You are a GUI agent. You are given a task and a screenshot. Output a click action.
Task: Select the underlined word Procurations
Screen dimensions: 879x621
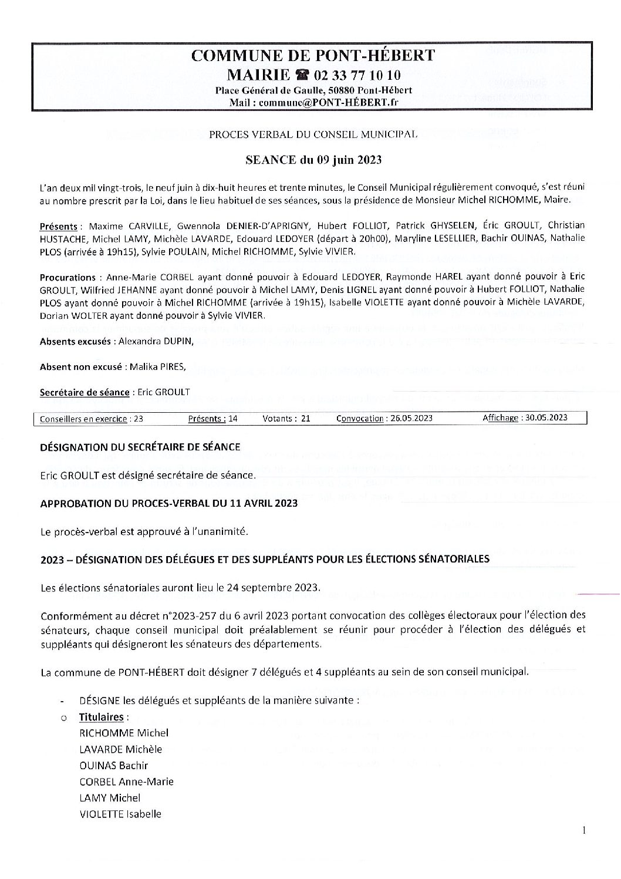pyautogui.click(x=67, y=277)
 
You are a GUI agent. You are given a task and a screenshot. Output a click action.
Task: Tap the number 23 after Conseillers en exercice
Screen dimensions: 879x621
pyautogui.click(x=138, y=419)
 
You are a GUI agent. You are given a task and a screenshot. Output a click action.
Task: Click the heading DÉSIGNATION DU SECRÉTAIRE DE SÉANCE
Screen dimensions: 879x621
pyautogui.click(x=140, y=447)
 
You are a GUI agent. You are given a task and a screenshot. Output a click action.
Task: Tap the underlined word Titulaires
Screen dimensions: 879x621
pyautogui.click(x=101, y=717)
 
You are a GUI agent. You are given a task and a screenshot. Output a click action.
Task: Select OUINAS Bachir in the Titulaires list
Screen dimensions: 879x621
pyautogui.click(x=113, y=766)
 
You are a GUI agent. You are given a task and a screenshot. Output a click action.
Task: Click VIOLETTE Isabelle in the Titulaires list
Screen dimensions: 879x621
pyautogui.click(x=120, y=814)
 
